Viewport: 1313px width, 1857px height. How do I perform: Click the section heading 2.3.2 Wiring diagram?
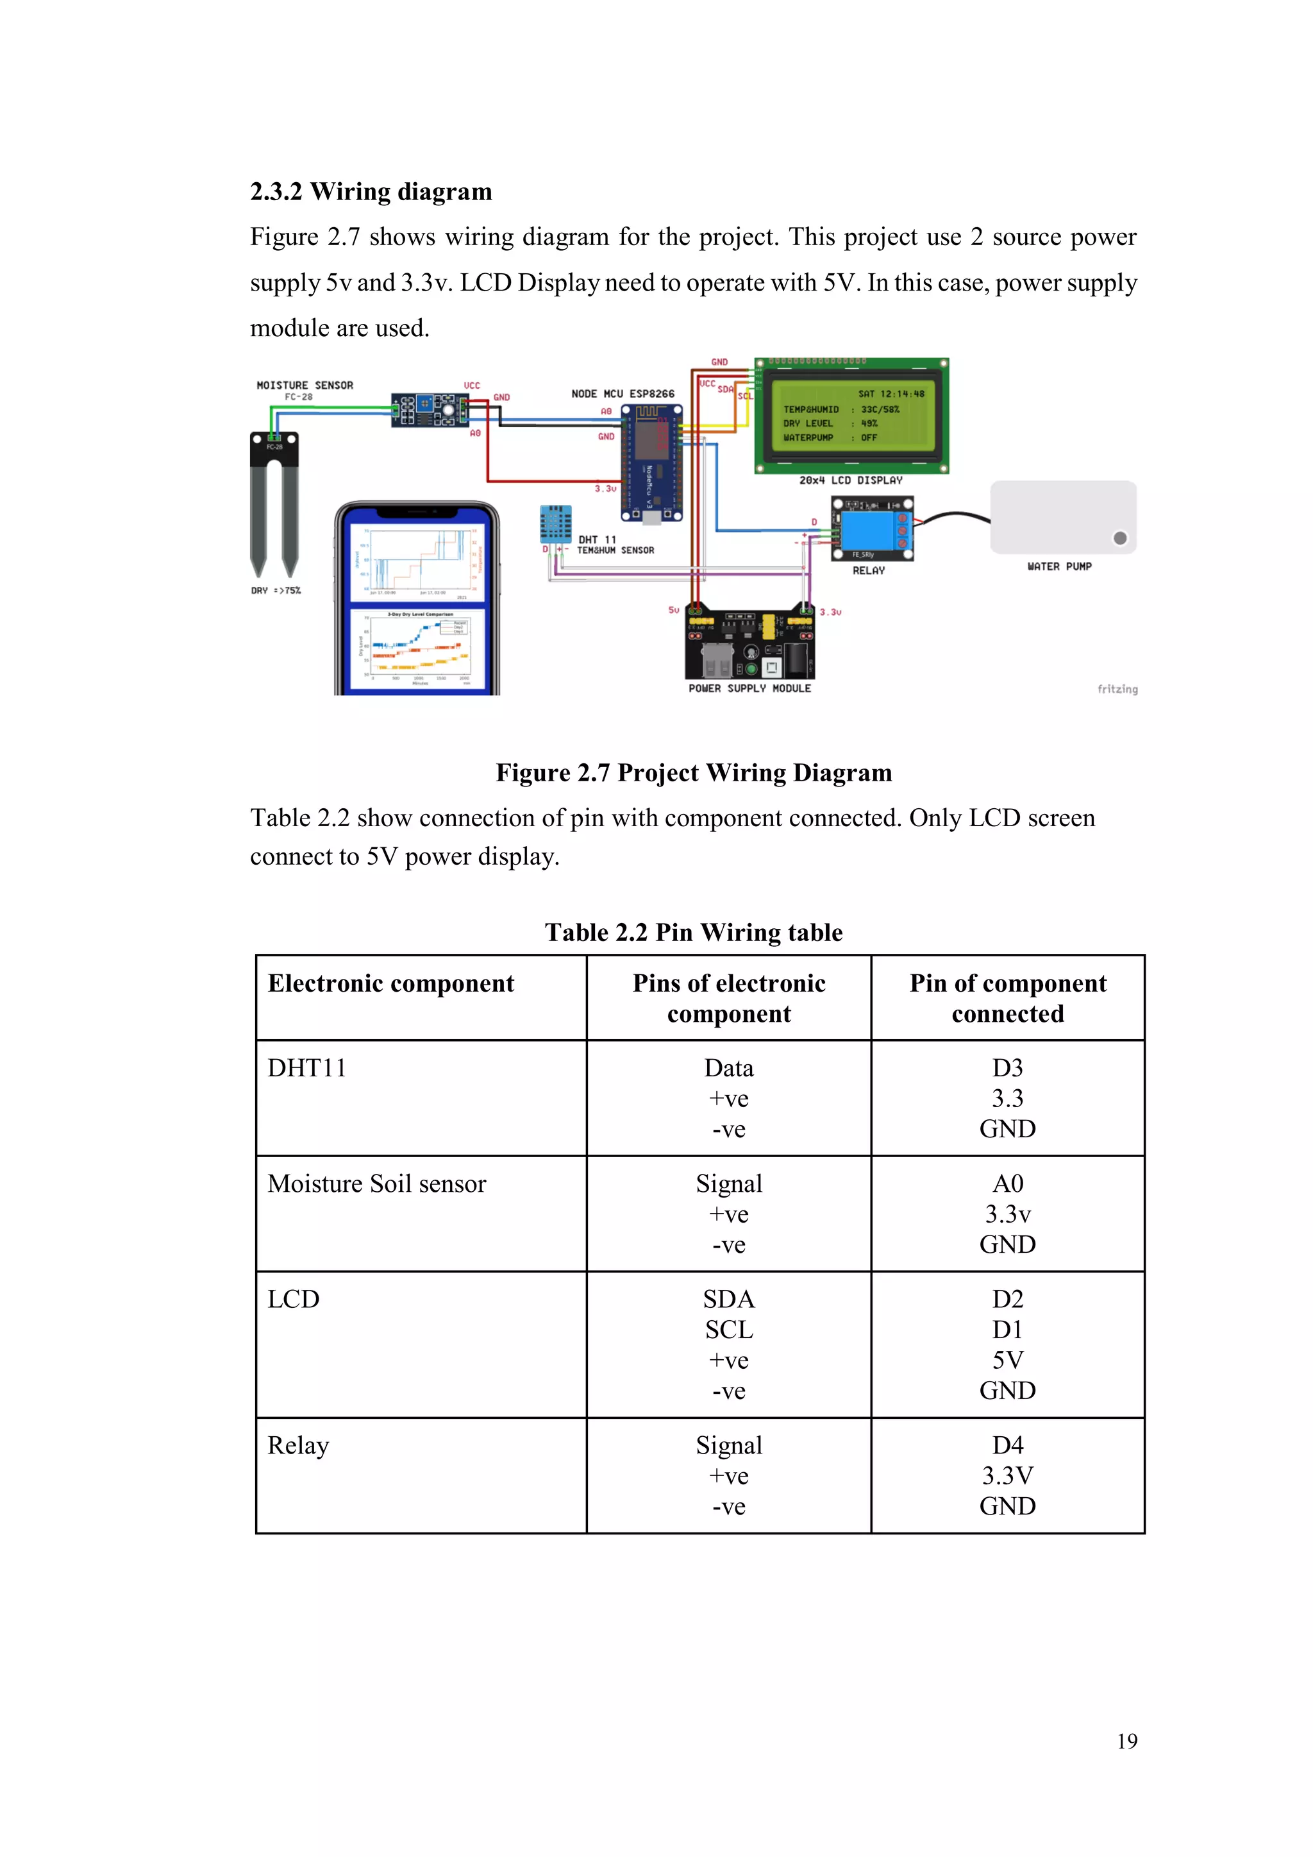[371, 192]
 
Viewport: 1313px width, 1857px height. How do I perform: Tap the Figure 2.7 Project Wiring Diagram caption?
[693, 772]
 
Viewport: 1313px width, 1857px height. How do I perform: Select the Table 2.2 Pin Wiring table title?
[693, 932]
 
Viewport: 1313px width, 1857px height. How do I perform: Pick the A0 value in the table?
[1007, 1183]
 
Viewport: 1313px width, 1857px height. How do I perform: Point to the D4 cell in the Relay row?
[1007, 1445]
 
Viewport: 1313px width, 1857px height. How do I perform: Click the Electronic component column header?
[390, 983]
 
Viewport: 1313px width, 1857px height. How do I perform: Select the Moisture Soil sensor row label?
[377, 1183]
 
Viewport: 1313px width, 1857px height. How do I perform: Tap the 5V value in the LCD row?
[1007, 1360]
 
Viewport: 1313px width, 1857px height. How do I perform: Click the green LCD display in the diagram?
[851, 416]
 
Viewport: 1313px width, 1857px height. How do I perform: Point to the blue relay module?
[873, 528]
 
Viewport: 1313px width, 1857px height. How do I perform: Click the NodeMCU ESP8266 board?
[651, 463]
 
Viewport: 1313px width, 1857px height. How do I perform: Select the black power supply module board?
[749, 644]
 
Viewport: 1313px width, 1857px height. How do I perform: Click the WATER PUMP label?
[1058, 566]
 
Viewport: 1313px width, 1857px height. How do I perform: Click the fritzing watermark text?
[1117, 689]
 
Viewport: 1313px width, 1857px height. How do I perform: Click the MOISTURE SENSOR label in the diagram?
[304, 385]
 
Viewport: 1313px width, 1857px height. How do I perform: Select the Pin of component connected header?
[1007, 998]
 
